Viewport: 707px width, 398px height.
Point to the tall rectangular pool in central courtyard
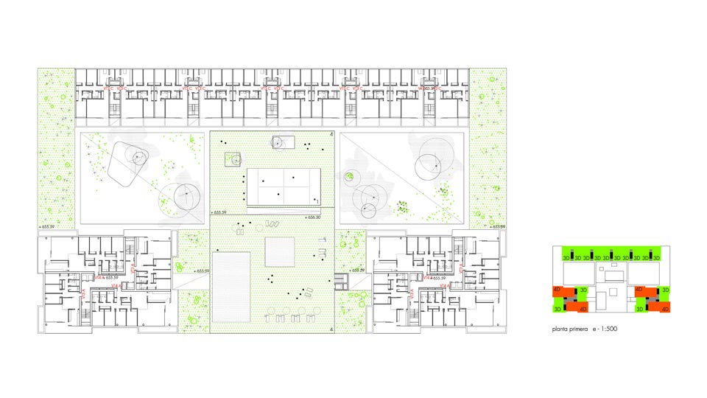tap(232, 285)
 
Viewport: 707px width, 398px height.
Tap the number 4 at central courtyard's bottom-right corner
tap(332, 329)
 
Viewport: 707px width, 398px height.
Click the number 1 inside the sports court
tap(317, 200)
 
